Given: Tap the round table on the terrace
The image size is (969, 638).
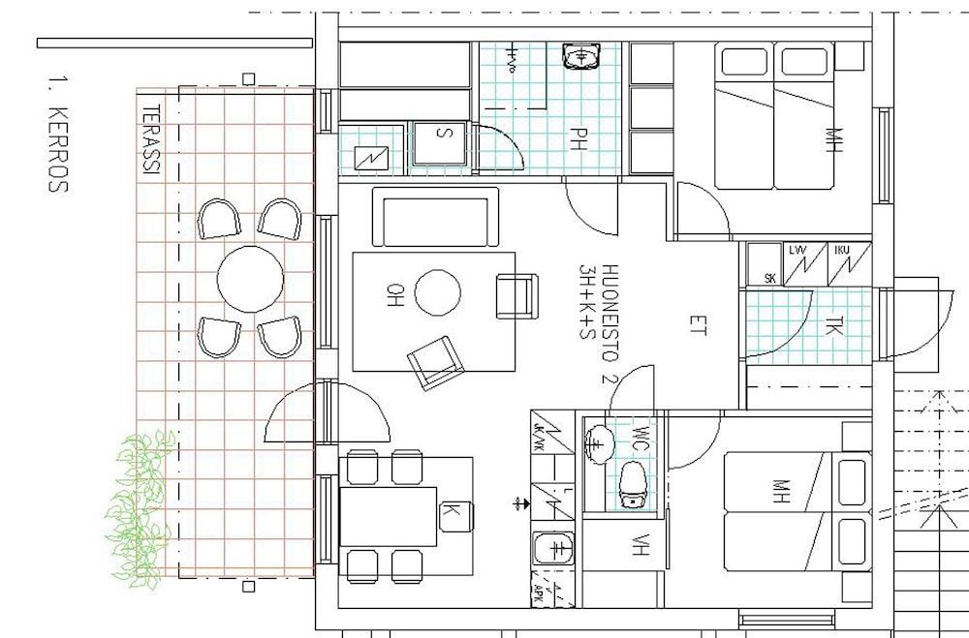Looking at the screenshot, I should point(250,279).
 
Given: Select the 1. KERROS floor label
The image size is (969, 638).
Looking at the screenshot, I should point(57,133).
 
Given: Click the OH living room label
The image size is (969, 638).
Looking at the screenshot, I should point(395,292).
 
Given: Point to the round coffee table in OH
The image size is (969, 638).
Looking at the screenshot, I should point(438,292).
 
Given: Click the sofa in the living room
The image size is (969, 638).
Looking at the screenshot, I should point(435,217).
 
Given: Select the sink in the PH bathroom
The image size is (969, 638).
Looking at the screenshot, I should point(581,58).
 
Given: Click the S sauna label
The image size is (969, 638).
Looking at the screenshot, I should point(441,134).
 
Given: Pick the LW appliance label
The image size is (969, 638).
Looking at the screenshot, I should point(799,252).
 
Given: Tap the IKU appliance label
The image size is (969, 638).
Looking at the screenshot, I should point(842,252).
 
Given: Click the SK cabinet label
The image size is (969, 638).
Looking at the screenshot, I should point(770,278).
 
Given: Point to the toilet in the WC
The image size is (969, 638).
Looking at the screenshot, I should point(633,483).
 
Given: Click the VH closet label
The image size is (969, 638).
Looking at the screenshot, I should point(639,546).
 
